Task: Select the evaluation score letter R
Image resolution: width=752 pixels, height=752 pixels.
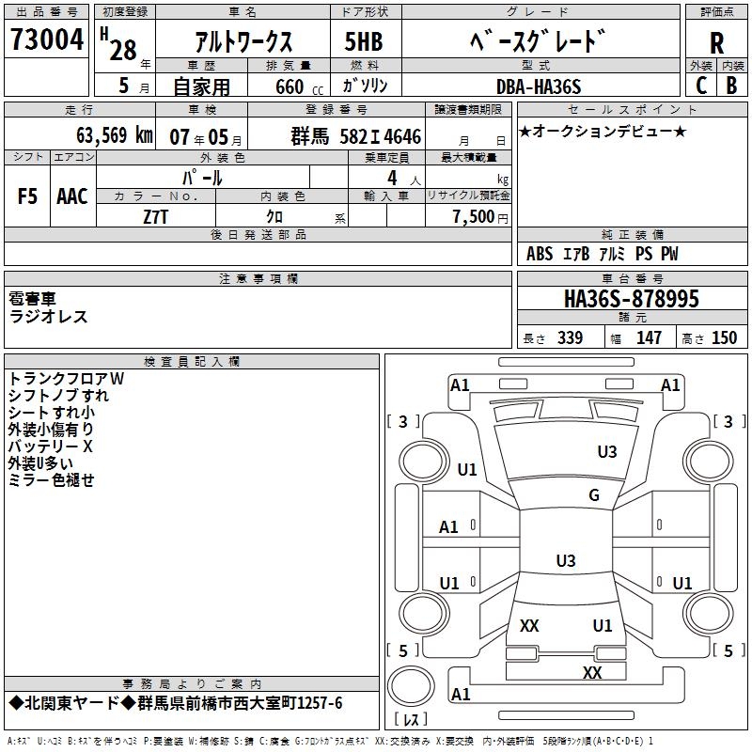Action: (716, 43)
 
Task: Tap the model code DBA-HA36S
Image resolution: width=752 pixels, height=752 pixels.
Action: (539, 86)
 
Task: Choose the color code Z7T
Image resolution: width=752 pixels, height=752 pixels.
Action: (156, 215)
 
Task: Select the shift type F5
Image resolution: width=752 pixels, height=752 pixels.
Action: (28, 196)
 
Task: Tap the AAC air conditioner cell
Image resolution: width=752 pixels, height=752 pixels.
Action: (71, 196)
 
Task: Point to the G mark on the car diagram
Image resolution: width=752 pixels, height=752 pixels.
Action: (593, 495)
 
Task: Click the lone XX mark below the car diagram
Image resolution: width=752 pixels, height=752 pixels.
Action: (591, 672)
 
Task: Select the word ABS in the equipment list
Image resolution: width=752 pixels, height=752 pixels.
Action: (540, 254)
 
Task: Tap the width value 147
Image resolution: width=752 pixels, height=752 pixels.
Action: (649, 338)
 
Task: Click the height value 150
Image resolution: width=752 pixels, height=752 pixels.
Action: (724, 338)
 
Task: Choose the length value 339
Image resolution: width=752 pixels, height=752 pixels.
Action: (570, 338)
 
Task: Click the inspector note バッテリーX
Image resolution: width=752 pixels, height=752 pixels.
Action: (51, 446)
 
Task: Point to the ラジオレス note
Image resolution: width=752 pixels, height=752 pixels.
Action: (48, 317)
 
